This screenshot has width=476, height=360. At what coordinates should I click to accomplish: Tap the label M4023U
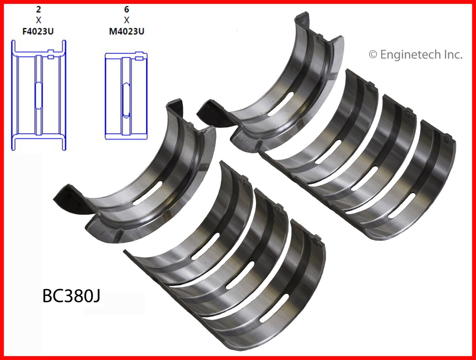click(126, 31)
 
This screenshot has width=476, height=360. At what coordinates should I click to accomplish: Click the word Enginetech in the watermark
click(410, 55)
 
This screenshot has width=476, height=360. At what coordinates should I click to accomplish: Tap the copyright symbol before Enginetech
click(373, 55)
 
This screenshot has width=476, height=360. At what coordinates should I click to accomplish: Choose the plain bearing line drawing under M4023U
click(126, 96)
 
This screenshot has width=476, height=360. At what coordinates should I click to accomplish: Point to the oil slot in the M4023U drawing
click(126, 96)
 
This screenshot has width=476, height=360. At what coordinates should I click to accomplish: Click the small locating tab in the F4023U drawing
click(52, 57)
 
